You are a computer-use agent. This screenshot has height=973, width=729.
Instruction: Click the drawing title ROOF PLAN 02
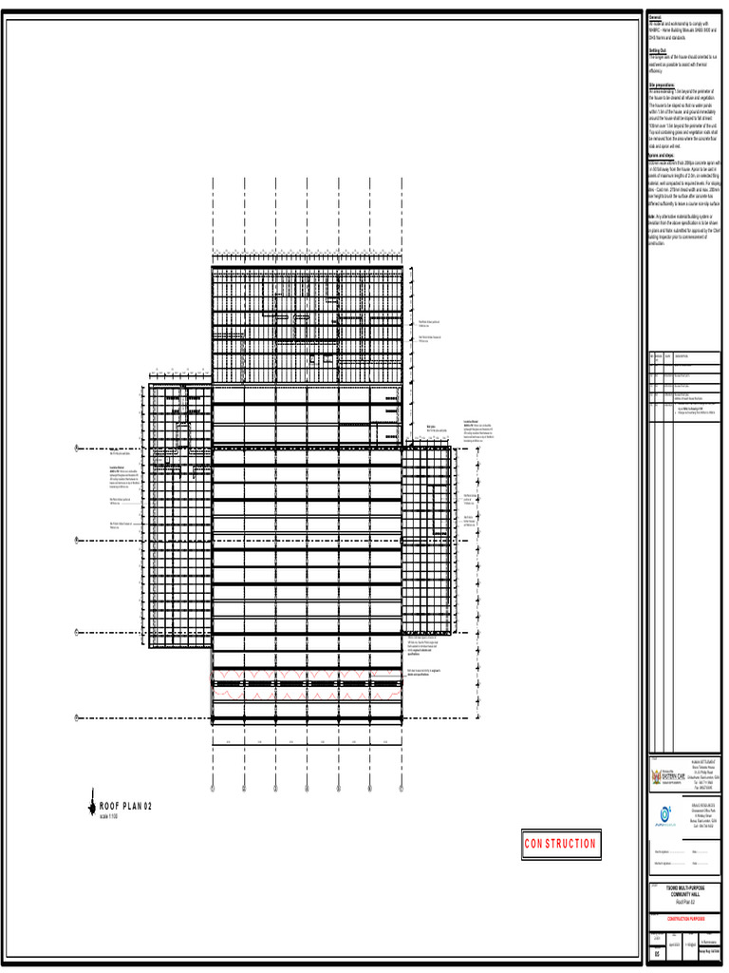tap(125, 807)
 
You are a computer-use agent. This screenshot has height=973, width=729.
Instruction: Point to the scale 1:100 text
tap(108, 816)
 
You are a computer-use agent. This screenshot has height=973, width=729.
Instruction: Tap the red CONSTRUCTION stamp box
tap(560, 843)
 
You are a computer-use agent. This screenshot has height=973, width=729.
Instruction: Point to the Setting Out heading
tap(657, 50)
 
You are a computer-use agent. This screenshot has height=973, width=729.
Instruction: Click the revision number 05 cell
tap(657, 953)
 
